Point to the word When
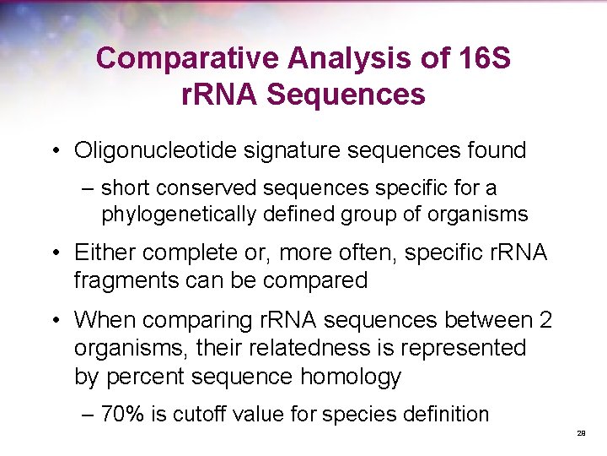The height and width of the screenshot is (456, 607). coord(105,321)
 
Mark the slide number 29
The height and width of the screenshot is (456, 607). coord(581,433)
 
